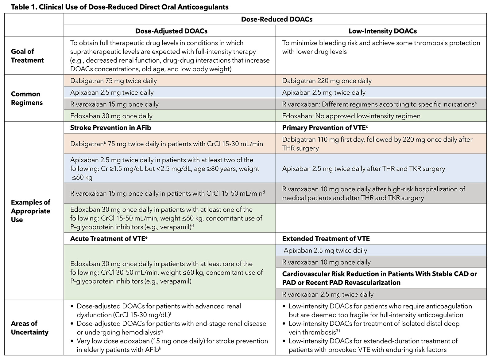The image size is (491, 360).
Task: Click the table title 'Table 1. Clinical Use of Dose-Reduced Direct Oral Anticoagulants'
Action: pyautogui.click(x=120, y=7)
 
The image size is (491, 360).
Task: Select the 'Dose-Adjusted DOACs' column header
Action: pyautogui.click(x=171, y=31)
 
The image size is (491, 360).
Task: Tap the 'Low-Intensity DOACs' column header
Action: pyautogui.click(x=382, y=31)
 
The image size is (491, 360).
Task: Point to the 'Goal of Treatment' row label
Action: pyautogui.click(x=27, y=56)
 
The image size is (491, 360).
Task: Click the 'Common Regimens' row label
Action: pyautogui.click(x=27, y=98)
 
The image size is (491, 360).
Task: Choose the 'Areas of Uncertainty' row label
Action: pyautogui.click(x=29, y=328)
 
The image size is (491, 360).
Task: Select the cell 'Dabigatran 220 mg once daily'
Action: pyautogui.click(x=327, y=81)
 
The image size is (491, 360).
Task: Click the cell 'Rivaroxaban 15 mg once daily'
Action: pyautogui.click(x=114, y=104)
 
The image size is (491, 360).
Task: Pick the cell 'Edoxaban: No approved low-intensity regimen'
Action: pyautogui.click(x=351, y=116)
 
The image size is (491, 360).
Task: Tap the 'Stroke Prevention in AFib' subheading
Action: pyautogui.click(x=110, y=127)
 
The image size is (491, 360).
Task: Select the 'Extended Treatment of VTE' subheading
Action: pyautogui.click(x=326, y=238)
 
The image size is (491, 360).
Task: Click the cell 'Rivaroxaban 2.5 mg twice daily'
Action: pyautogui.click(x=328, y=294)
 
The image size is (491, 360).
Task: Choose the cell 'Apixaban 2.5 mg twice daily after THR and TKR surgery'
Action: pyautogui.click(x=363, y=169)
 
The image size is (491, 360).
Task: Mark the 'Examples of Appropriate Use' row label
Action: pyautogui.click(x=30, y=211)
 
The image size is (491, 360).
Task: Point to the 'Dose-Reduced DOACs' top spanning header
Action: pyautogui.click(x=276, y=19)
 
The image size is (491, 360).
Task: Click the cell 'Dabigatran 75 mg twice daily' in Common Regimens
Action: pyautogui.click(x=113, y=81)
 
